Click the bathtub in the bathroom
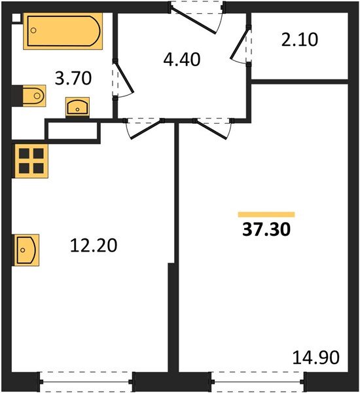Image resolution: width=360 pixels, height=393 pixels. click(x=63, y=31)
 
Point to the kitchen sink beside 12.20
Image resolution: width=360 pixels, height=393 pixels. click(x=27, y=248)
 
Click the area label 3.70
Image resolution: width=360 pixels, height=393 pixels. click(x=72, y=79)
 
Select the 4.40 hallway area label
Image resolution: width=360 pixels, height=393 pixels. click(x=181, y=60)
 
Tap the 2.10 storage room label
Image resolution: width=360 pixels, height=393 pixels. click(x=300, y=40)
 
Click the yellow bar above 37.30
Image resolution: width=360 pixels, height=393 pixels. click(x=266, y=214)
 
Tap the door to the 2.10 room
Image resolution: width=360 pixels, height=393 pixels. click(x=242, y=45)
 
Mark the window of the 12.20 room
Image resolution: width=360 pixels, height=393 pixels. click(x=86, y=379)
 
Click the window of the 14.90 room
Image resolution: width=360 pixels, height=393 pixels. click(x=257, y=379)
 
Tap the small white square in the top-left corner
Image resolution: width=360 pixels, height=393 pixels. click(x=16, y=18)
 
